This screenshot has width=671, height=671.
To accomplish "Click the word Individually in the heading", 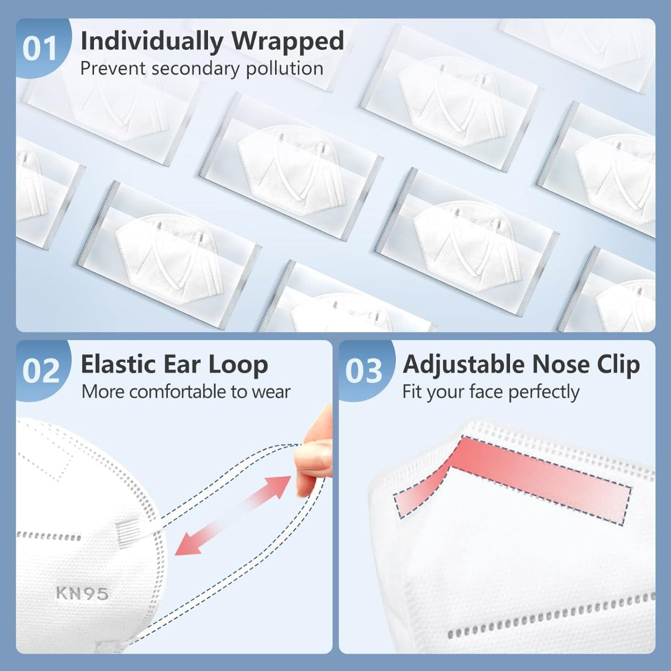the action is pyautogui.click(x=152, y=41).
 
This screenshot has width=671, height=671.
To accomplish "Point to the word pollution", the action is pyautogui.click(x=285, y=69).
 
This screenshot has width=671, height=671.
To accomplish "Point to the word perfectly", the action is pyautogui.click(x=544, y=393).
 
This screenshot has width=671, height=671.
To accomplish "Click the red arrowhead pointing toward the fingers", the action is pyautogui.click(x=280, y=486).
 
